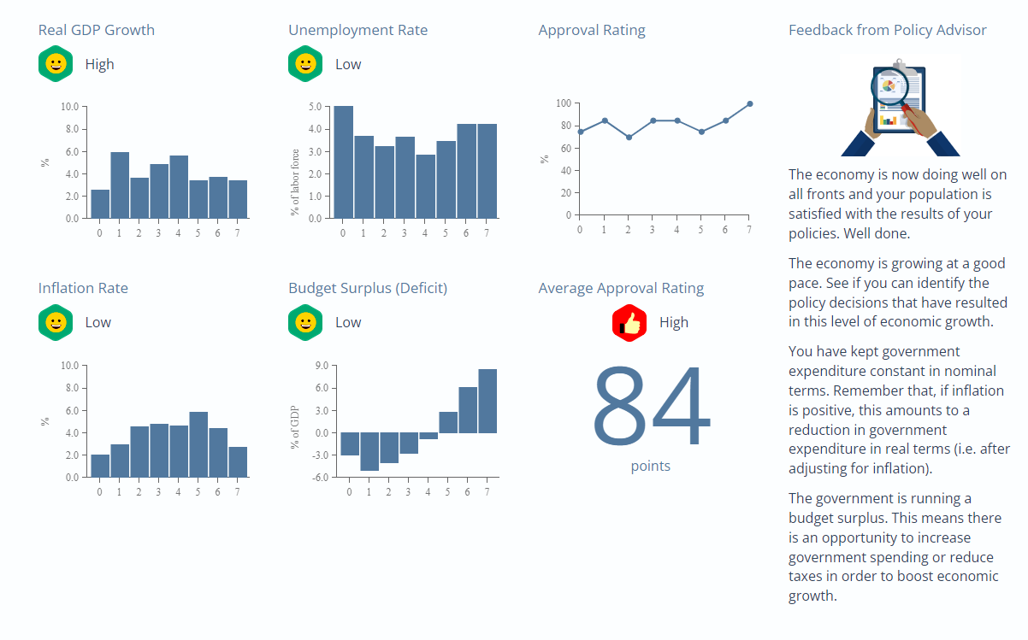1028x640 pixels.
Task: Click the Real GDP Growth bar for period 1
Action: tap(120, 185)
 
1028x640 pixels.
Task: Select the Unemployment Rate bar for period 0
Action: tap(343, 162)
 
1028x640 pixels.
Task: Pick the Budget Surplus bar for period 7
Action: tap(487, 401)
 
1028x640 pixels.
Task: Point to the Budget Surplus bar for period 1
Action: tap(369, 451)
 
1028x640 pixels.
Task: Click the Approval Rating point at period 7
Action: tap(749, 103)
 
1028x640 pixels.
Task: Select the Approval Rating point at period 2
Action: tap(629, 137)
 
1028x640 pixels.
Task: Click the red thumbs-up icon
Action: tap(629, 323)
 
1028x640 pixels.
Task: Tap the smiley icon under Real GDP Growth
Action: tap(56, 64)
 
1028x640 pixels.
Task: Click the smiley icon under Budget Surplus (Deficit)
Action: tap(305, 323)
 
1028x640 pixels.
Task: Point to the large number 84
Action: tap(651, 408)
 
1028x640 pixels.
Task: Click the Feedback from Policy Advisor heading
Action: tap(887, 30)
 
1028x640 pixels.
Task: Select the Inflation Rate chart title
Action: tap(83, 288)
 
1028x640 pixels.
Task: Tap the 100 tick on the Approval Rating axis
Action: tap(563, 103)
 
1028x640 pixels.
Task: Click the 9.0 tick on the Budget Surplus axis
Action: tap(322, 366)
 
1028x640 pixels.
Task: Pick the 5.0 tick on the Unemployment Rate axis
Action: tap(315, 108)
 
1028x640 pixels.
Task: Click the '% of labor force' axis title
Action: tap(295, 182)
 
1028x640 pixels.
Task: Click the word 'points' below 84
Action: tap(651, 466)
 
